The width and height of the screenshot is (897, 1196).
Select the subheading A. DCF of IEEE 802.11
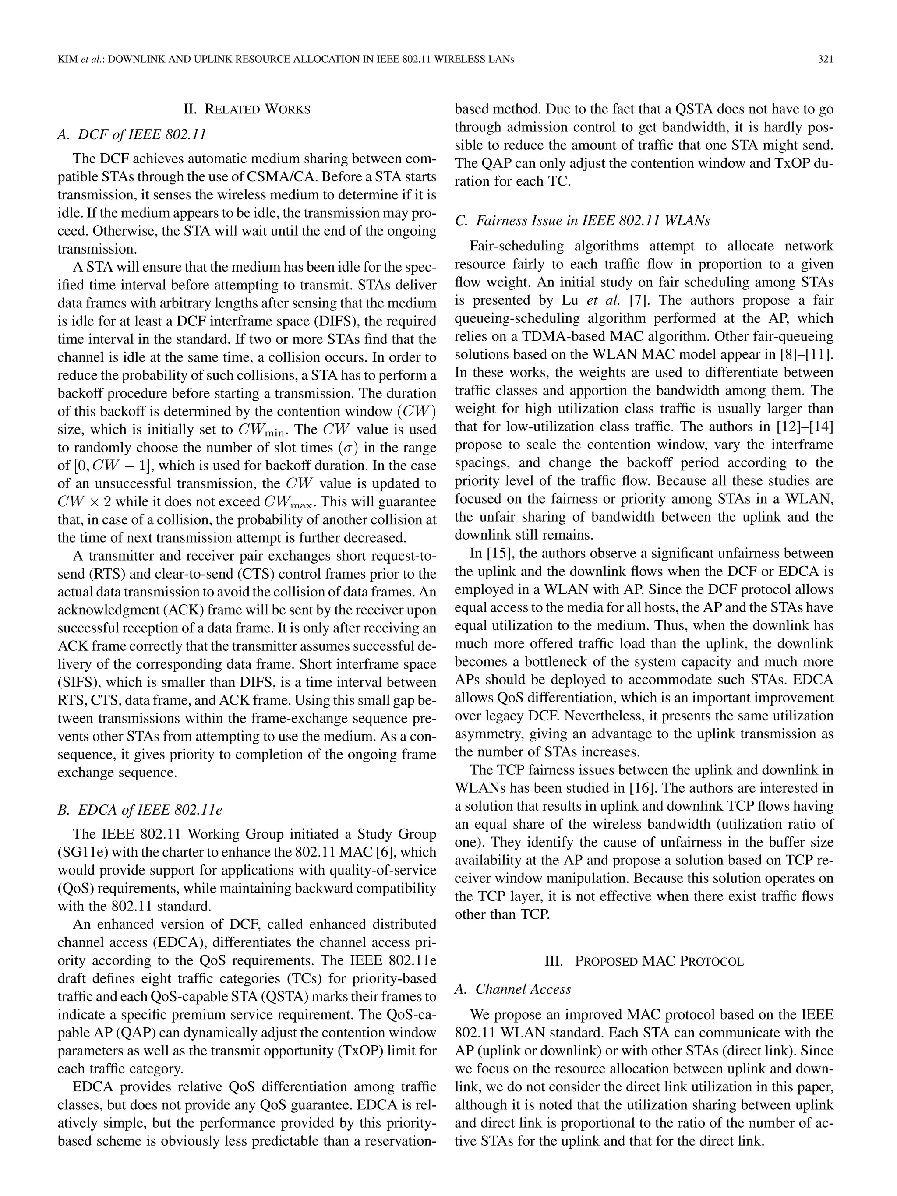coord(131,134)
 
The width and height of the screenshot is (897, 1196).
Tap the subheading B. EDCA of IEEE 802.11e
coord(139,810)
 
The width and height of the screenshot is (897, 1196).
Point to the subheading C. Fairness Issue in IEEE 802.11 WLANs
coord(583,221)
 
